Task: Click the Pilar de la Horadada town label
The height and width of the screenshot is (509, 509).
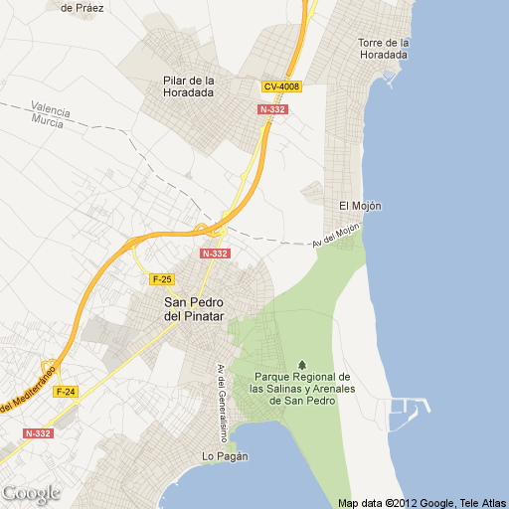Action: tap(189, 86)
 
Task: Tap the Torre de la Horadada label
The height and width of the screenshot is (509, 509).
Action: tap(384, 49)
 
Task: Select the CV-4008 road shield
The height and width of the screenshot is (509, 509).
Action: tap(281, 86)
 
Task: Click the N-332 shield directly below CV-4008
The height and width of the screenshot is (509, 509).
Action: tap(272, 109)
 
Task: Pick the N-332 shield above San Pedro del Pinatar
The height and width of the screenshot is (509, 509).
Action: tap(215, 254)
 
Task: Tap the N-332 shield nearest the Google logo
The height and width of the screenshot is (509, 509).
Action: tap(37, 433)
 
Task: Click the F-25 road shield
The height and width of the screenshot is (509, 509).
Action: tap(162, 278)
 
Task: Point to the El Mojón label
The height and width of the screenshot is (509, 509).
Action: tap(360, 206)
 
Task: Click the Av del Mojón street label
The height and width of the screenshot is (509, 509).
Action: tap(334, 237)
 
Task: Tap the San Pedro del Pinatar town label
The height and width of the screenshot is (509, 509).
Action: tap(195, 309)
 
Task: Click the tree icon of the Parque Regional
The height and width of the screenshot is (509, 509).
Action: tap(302, 363)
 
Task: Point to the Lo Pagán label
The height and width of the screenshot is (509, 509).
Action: tap(224, 456)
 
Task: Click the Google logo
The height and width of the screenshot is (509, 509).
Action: tap(31, 493)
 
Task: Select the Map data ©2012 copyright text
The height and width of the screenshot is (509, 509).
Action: tap(423, 501)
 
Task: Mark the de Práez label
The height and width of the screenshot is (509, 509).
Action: tap(81, 7)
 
